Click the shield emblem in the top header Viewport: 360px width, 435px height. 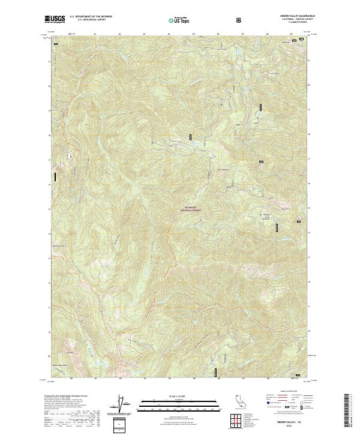click(x=240, y=20)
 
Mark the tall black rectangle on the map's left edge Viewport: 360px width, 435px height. click(x=56, y=177)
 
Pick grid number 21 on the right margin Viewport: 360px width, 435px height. click(x=310, y=61)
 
